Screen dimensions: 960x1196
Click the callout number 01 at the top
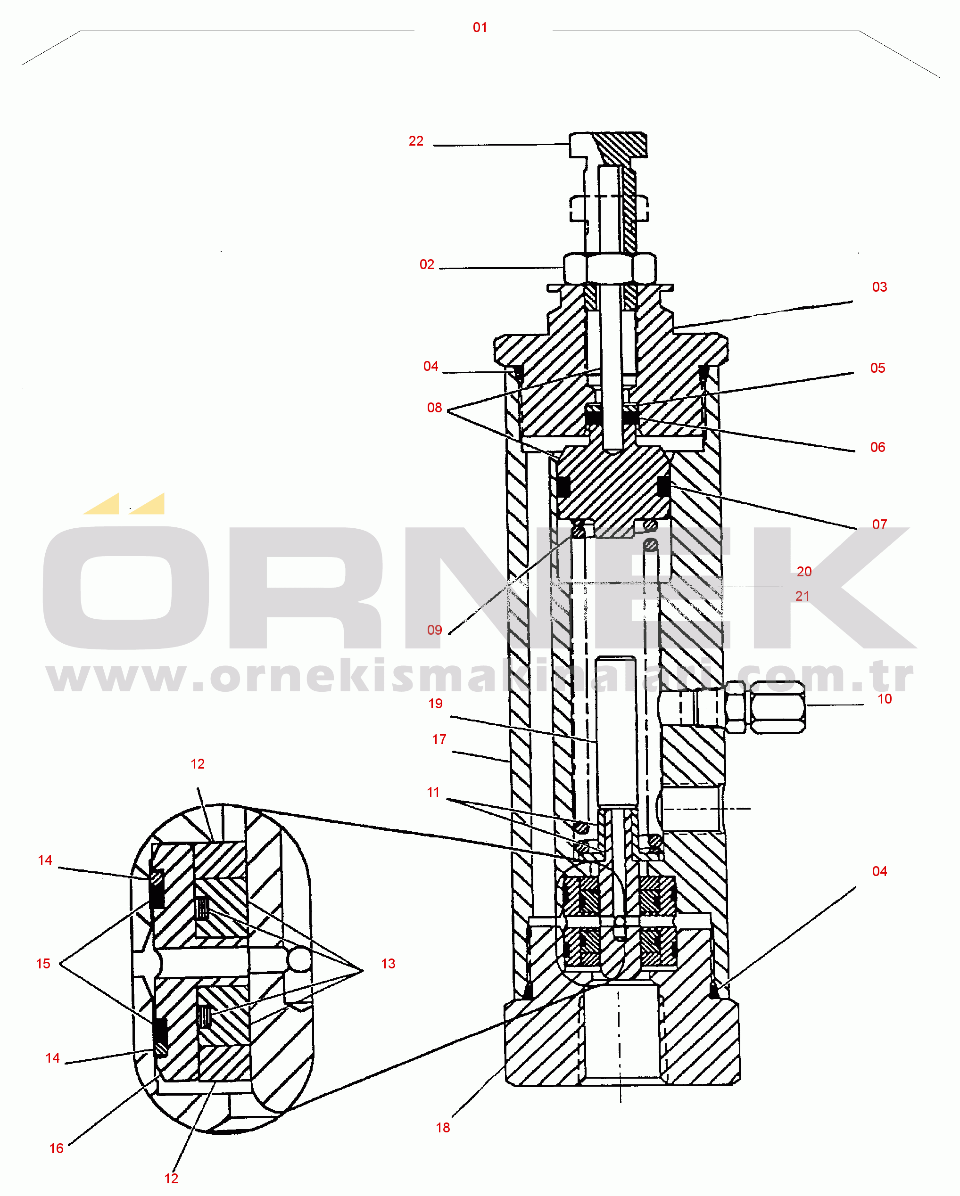tap(480, 28)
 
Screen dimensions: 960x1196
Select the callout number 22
tap(416, 141)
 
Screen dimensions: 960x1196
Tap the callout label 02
tap(427, 265)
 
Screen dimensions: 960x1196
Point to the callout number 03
tap(879, 287)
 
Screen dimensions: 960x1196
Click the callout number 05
tap(878, 369)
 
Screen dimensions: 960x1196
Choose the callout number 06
tap(878, 448)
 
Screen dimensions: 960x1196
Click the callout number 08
tap(434, 408)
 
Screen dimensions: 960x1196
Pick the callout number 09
tap(434, 630)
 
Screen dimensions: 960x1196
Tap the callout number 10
tap(885, 699)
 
